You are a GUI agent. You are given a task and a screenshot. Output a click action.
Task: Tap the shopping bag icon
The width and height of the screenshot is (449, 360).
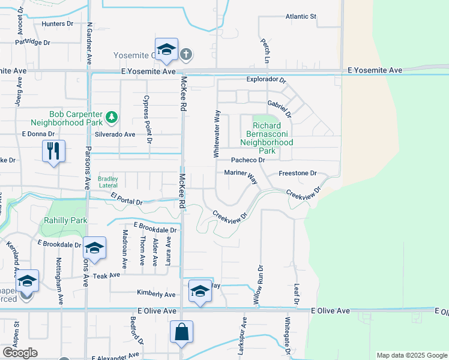[x=182, y=332]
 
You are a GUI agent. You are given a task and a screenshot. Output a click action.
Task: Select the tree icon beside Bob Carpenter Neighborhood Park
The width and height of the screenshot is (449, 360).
[x=111, y=116]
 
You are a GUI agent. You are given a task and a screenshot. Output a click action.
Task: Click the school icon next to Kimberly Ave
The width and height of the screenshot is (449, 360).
[x=199, y=292]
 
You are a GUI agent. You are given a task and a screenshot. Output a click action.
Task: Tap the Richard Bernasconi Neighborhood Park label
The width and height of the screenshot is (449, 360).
[x=267, y=134]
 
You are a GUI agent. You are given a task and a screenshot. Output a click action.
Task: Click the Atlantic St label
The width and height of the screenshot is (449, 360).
[x=300, y=17]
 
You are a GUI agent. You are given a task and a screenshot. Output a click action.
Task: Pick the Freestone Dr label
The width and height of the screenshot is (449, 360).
[x=297, y=173]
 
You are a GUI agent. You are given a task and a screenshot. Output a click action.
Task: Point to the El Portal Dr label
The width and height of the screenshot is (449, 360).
[x=127, y=199]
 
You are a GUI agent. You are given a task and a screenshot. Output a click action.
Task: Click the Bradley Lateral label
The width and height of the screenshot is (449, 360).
[x=108, y=181]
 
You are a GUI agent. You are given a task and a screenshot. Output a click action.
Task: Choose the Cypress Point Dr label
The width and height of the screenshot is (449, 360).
[x=146, y=119]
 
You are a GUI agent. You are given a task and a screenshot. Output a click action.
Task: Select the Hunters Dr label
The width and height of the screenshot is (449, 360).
[x=57, y=24]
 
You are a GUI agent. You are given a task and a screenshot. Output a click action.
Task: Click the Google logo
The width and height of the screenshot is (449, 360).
[x=19, y=353]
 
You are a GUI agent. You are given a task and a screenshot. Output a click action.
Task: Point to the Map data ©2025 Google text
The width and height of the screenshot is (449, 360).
[x=411, y=355]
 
